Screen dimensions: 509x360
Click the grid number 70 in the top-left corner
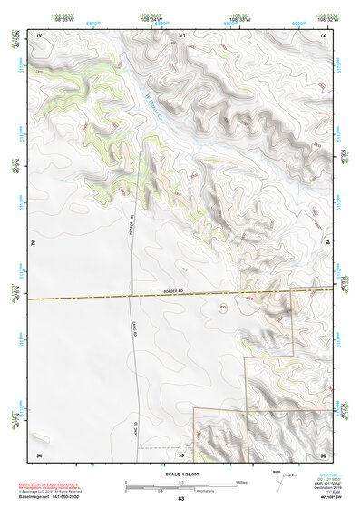click(x=39, y=34)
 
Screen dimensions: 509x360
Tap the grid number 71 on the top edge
click(x=182, y=34)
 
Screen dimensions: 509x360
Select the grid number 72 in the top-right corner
click(x=323, y=34)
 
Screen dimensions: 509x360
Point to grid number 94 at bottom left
click(x=39, y=454)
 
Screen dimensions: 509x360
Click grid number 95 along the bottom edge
click(x=181, y=454)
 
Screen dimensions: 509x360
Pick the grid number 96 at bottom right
click(x=323, y=454)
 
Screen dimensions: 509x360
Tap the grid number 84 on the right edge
click(x=327, y=243)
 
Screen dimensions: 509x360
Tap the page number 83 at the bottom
click(x=180, y=499)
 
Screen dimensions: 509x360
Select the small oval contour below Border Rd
click(x=224, y=307)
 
